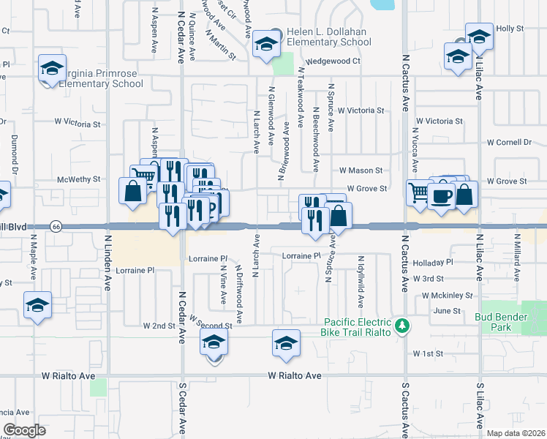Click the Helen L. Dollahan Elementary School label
329,37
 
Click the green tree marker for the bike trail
401,325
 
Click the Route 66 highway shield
55,227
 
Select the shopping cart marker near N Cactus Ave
419,194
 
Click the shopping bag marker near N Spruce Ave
340,217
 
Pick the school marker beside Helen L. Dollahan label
265,48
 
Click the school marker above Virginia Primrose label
52,69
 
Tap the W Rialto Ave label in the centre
295,376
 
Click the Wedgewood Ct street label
333,61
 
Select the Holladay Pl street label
433,262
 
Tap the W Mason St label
361,170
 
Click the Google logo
24,430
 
